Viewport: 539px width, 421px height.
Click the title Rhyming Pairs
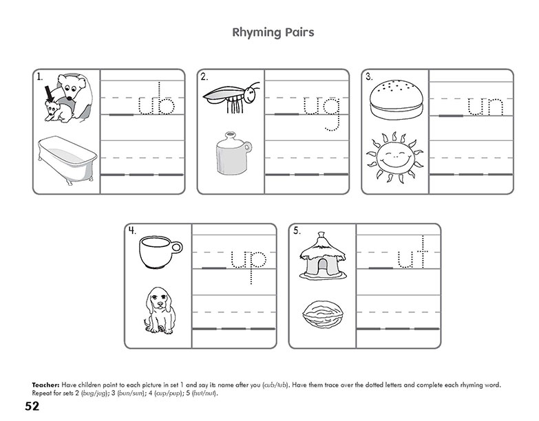point(269,32)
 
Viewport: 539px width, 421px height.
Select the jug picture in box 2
point(231,155)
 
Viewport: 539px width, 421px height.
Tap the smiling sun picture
point(395,158)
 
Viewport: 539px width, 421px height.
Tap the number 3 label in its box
point(369,77)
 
